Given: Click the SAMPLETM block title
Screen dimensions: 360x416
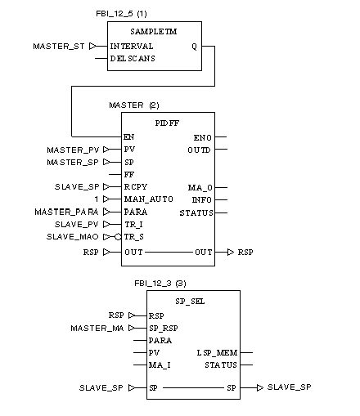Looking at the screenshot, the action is pyautogui.click(x=154, y=32).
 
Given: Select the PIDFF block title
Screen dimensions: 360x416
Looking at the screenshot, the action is pyautogui.click(x=167, y=123).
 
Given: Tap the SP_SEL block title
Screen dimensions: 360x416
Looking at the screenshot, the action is pyautogui.click(x=190, y=302).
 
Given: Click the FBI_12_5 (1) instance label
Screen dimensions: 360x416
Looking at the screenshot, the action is pyautogui.click(x=121, y=14).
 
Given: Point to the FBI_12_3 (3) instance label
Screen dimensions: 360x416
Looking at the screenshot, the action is pyautogui.click(x=160, y=284).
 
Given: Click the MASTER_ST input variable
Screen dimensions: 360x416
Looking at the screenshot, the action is pyautogui.click(x=59, y=47).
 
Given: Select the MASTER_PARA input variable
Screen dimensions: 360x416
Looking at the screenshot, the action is pyautogui.click(x=66, y=212).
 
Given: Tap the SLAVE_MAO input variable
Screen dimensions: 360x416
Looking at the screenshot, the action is pyautogui.click(x=72, y=237).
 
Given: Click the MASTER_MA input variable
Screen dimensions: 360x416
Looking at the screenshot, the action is pyautogui.click(x=97, y=328).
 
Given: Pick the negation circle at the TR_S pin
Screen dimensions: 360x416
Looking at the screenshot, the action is pyautogui.click(x=118, y=237).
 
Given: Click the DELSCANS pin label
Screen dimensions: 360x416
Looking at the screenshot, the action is pyautogui.click(x=133, y=59).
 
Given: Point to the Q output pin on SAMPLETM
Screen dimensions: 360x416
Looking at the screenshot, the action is pyautogui.click(x=194, y=47).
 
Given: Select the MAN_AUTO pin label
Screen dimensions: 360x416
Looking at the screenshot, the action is pyautogui.click(x=149, y=199).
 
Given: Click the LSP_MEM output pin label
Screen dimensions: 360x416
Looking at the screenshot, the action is pyautogui.click(x=217, y=353).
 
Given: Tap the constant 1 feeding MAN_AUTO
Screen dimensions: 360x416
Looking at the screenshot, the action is pyautogui.click(x=97, y=199).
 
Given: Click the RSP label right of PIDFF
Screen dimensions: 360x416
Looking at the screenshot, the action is pyautogui.click(x=245, y=253).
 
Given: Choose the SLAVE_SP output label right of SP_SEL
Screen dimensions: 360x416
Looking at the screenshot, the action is pyautogui.click(x=290, y=387).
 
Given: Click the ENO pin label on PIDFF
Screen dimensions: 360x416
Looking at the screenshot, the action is pyautogui.click(x=203, y=138).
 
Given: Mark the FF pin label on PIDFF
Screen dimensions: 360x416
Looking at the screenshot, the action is pyautogui.click(x=129, y=174).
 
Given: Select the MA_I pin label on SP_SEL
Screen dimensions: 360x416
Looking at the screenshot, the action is pyautogui.click(x=160, y=365).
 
